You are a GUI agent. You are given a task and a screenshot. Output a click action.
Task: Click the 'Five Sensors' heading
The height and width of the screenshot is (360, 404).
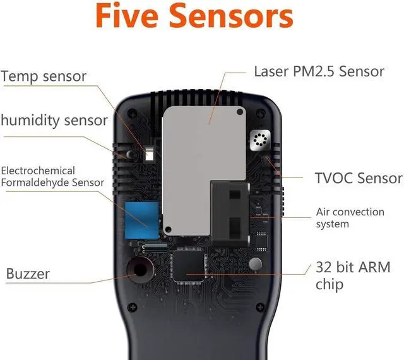194,17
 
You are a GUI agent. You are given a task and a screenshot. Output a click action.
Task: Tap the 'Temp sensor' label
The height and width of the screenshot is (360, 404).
44,77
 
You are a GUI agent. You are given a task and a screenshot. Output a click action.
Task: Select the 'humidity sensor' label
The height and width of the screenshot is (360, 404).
54,120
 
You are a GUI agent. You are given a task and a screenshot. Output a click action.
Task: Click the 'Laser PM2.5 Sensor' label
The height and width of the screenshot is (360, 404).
318,71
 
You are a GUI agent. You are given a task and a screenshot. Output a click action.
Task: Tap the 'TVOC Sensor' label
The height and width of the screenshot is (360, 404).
358,178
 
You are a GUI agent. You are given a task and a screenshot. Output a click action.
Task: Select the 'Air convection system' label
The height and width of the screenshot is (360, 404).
350,218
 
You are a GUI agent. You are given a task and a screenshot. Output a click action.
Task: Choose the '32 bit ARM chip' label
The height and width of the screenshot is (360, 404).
352,275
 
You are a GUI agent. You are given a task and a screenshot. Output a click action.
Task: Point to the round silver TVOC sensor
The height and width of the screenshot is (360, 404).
259,140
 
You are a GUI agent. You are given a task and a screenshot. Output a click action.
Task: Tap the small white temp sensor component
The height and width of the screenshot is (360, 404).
149,153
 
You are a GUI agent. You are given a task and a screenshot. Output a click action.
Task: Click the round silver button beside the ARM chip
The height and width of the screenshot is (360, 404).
255,263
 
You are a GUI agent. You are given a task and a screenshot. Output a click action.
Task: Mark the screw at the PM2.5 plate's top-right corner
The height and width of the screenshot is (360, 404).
240,112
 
